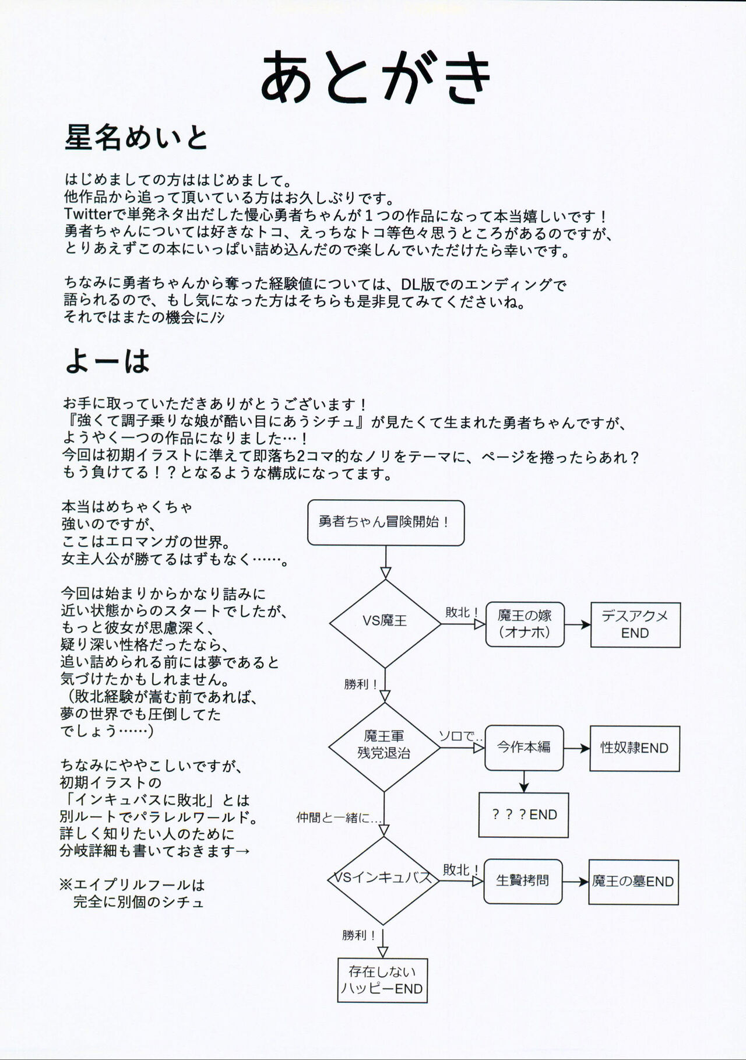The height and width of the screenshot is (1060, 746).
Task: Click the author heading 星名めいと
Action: (x=136, y=138)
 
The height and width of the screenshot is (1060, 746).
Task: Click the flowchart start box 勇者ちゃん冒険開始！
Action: (x=385, y=522)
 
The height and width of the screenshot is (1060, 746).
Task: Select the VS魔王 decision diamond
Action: (x=385, y=622)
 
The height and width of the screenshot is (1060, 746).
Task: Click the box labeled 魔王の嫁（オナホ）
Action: (x=525, y=624)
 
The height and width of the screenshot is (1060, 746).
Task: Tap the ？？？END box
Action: (x=523, y=815)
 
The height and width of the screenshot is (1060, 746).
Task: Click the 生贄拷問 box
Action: (x=523, y=880)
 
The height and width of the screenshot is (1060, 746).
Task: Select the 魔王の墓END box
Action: (x=633, y=882)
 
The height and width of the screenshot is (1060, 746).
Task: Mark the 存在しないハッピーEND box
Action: (x=382, y=980)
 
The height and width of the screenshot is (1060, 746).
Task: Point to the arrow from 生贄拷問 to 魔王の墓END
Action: (x=576, y=882)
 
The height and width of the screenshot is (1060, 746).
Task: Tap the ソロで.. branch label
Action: (x=460, y=736)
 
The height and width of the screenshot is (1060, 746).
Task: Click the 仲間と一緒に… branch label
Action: (x=339, y=817)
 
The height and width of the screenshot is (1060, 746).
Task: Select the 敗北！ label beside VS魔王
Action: (x=462, y=612)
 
